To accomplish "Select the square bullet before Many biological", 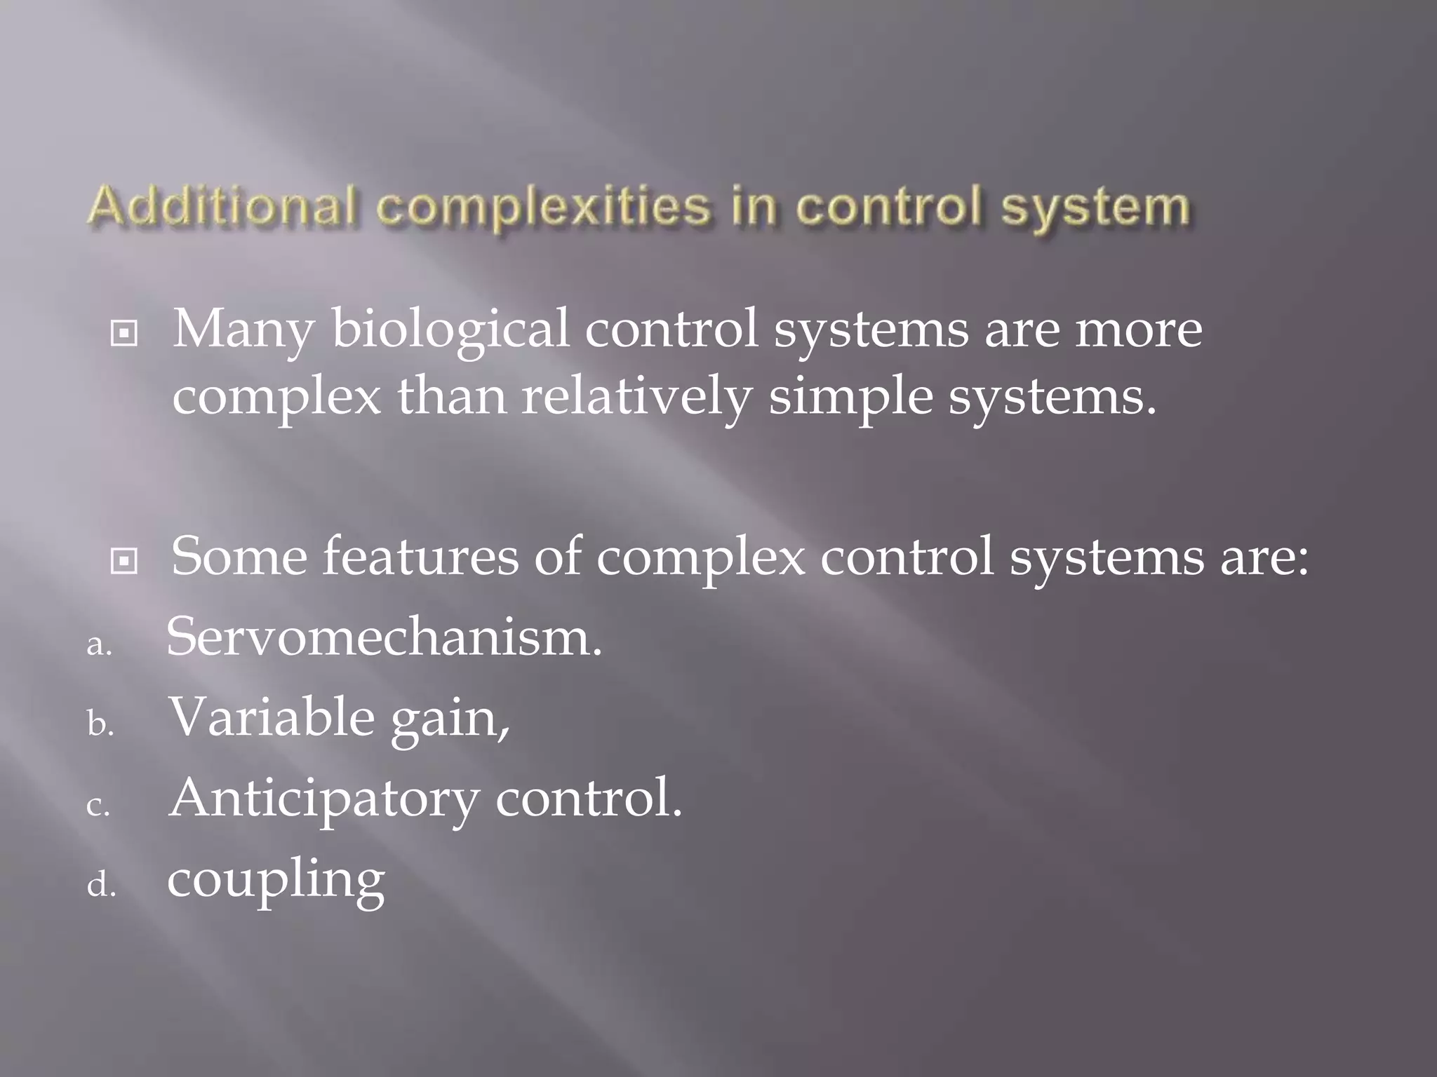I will tap(124, 334).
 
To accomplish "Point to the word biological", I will tap(450, 330).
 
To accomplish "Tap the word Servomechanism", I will tap(384, 637).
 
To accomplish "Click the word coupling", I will tap(276, 881).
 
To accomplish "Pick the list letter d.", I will tap(100, 885).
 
